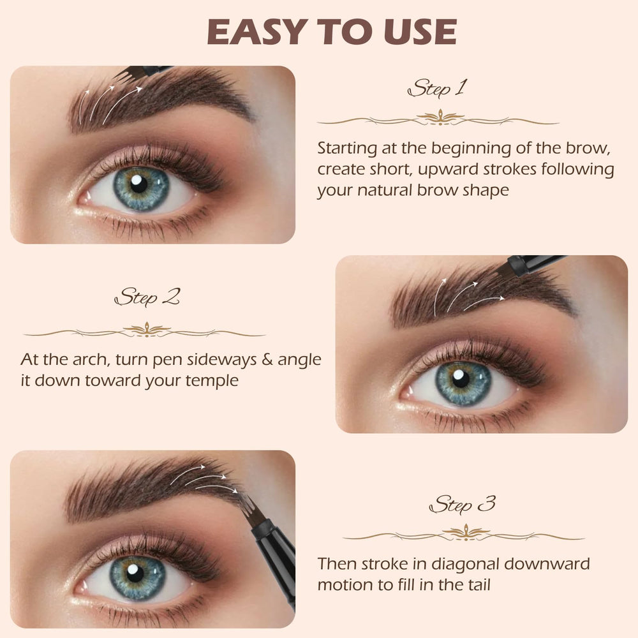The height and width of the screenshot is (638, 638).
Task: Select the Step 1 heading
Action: (437, 88)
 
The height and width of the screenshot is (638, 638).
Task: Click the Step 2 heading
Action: (147, 297)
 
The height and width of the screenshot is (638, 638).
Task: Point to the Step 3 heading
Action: (463, 505)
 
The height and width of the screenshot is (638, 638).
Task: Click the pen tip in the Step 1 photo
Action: (125, 75)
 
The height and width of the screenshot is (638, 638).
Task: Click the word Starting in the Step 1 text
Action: (347, 149)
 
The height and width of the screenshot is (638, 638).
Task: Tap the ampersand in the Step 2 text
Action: (267, 360)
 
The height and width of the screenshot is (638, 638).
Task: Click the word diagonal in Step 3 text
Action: (465, 565)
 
